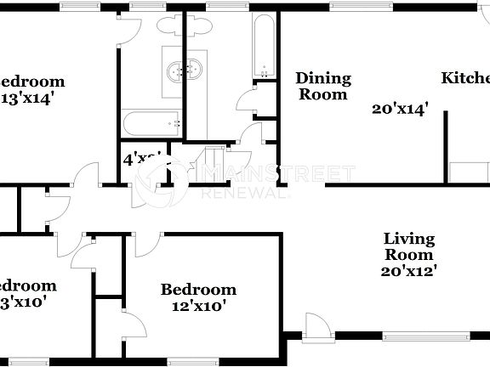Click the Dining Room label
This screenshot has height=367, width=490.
click(323, 87)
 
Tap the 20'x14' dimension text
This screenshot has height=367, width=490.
click(399, 109)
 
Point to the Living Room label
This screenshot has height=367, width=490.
click(408, 246)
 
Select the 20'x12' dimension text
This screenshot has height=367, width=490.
click(408, 271)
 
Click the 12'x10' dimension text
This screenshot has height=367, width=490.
click(198, 307)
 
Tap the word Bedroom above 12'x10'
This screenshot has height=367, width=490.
click(198, 290)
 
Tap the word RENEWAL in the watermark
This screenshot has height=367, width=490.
click(243, 194)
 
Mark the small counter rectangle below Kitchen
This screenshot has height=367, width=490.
click(466, 171)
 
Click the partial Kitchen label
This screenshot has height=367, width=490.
click(465, 79)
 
